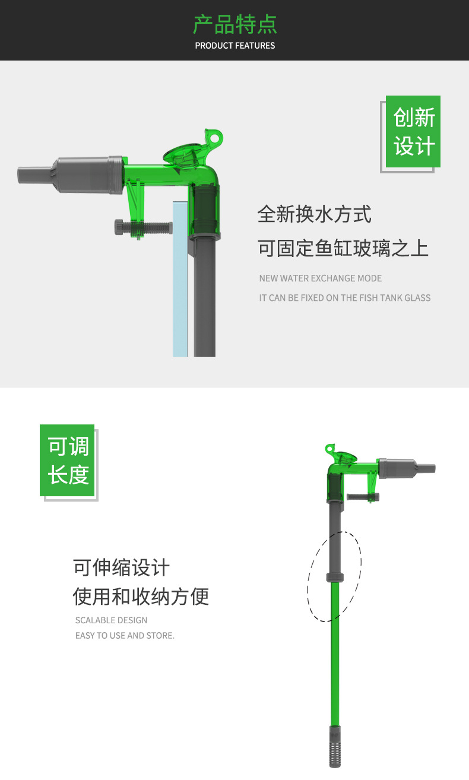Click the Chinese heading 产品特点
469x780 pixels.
[235, 24]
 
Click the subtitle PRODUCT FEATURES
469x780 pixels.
[235, 46]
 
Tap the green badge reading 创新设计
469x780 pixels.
[413, 132]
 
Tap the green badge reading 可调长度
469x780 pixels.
[67, 460]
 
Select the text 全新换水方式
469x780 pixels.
[314, 214]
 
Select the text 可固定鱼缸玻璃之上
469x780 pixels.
[343, 248]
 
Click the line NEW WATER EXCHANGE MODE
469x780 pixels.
[320, 278]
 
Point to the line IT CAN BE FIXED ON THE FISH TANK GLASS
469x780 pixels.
[344, 298]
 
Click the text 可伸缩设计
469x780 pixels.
[121, 567]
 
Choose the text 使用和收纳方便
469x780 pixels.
[141, 597]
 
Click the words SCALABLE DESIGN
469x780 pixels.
[111, 620]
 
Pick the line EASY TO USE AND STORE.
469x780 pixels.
[125, 636]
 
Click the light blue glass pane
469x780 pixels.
[180, 279]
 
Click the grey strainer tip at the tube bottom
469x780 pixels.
[335, 747]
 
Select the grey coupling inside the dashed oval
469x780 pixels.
[335, 576]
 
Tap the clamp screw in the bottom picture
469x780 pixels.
[362, 497]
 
